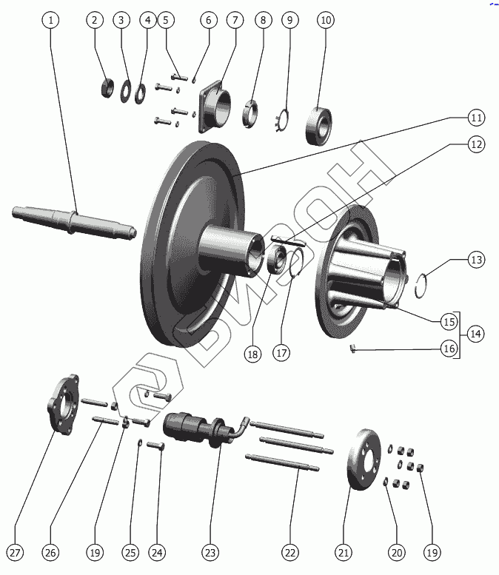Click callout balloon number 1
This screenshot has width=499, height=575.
(x=51, y=20)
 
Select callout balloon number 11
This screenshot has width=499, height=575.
(x=475, y=118)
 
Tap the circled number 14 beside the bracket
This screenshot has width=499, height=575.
(x=475, y=334)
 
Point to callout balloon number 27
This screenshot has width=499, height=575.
(x=16, y=552)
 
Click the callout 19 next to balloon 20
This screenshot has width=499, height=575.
(x=432, y=552)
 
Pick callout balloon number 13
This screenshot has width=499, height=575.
(x=475, y=260)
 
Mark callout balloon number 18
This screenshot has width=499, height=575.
(x=253, y=354)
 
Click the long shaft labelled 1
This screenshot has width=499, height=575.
(x=74, y=220)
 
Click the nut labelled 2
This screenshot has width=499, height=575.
(x=107, y=87)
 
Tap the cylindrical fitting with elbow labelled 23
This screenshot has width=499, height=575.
(x=200, y=429)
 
